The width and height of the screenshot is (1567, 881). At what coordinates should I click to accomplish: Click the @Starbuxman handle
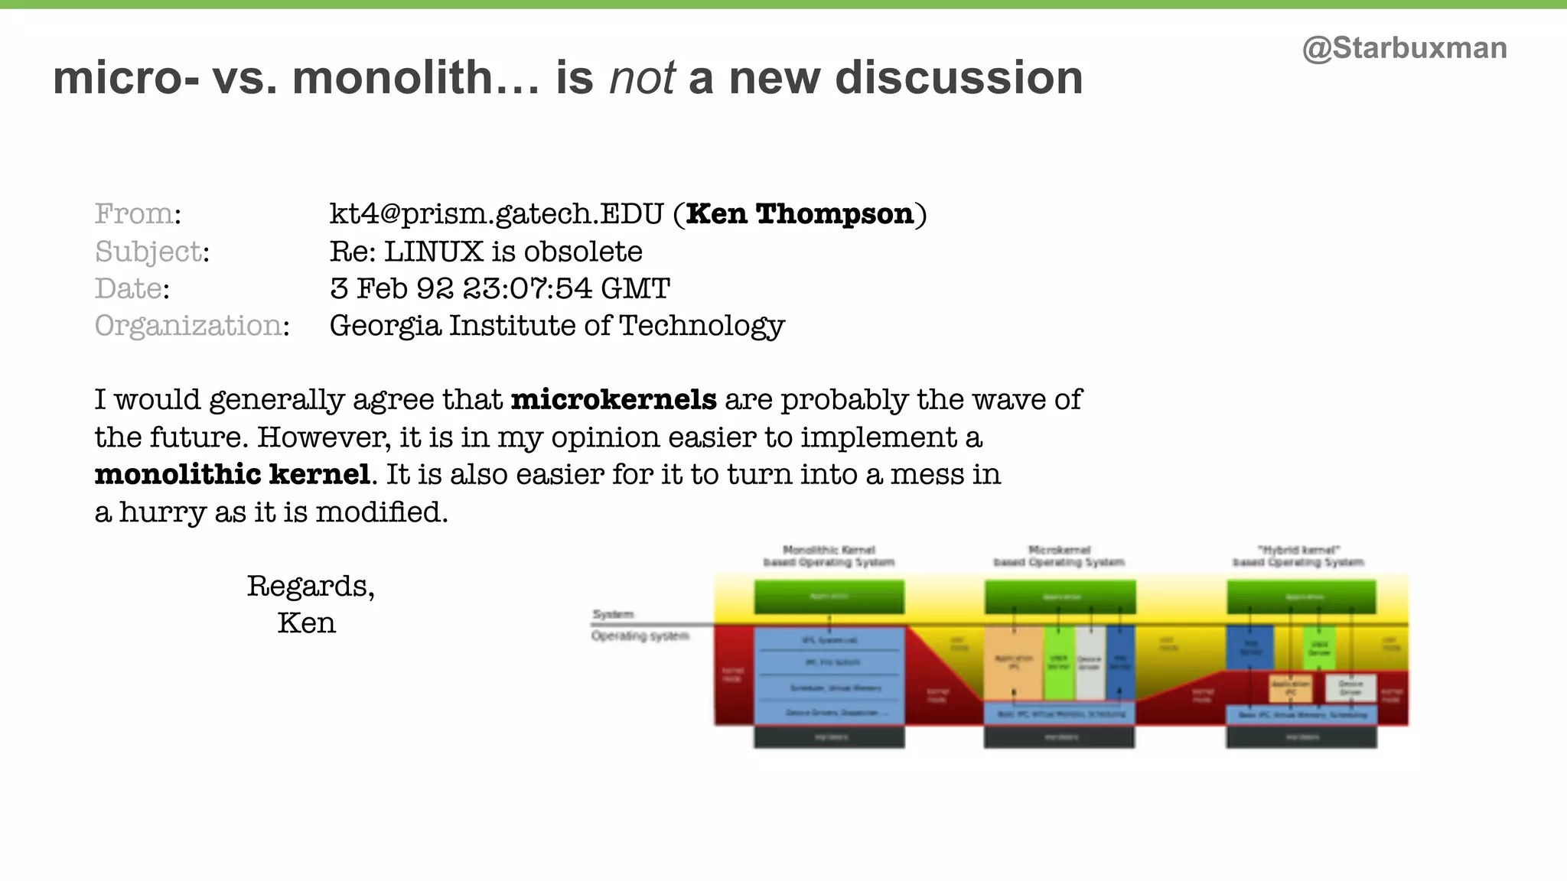coord(1404,48)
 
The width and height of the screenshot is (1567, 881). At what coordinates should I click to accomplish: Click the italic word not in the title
coord(642,78)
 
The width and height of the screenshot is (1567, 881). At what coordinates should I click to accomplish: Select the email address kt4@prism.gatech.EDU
coord(496,214)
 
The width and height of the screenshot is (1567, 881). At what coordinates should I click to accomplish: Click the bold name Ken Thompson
coord(800,214)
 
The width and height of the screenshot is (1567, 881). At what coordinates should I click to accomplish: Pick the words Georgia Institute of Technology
coord(557,327)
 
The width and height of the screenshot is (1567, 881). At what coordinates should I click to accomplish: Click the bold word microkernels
coord(614,400)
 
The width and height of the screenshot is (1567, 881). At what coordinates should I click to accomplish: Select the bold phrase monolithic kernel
coord(233,475)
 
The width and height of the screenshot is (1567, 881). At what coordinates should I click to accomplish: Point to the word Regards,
coord(311,587)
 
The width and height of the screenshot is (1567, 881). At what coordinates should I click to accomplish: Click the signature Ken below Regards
coord(306,623)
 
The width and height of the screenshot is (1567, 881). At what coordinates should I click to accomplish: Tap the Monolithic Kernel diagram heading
coord(829,556)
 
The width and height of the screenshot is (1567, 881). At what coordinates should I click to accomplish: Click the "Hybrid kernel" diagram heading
coord(1298,556)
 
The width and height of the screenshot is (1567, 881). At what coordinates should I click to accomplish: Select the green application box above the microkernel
coord(1060,597)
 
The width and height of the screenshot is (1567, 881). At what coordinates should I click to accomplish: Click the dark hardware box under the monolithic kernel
coord(829,737)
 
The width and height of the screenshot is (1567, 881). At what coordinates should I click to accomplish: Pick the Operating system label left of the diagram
coord(640,636)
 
